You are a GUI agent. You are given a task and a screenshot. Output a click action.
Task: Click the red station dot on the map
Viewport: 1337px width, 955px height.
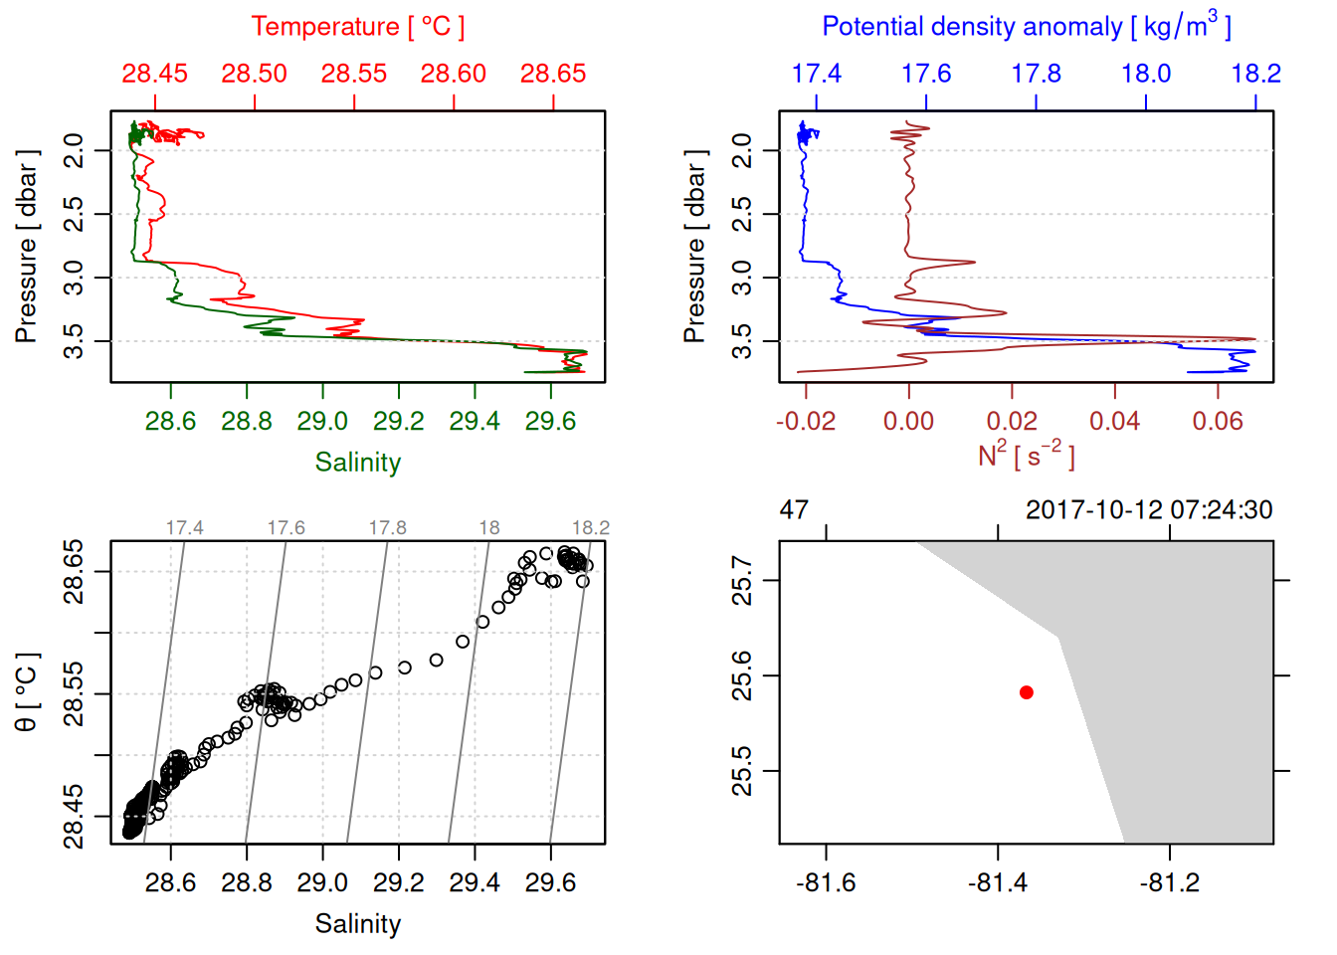[x=1026, y=692]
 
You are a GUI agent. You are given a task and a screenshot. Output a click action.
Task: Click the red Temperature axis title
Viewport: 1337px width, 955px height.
[x=357, y=27]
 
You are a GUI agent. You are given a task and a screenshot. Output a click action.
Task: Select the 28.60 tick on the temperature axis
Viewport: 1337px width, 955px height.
[x=454, y=74]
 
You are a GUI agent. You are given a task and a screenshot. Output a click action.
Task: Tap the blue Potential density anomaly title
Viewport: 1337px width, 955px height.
[x=1026, y=27]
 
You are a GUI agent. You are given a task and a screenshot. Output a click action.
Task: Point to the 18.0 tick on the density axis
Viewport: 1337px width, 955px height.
[x=1146, y=74]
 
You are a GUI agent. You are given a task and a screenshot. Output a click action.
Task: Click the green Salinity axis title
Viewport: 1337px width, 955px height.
[x=357, y=463]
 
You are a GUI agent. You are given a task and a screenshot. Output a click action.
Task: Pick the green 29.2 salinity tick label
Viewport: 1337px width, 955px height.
[x=398, y=422]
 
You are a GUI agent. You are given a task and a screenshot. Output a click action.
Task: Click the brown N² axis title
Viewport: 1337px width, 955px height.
[x=1026, y=456]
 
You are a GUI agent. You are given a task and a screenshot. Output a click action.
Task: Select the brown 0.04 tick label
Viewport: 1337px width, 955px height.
[x=1114, y=422]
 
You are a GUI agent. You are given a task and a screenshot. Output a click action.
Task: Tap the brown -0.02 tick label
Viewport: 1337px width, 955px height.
[x=805, y=422]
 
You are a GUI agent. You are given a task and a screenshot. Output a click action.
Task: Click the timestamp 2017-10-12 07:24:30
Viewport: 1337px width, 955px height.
[x=1149, y=510]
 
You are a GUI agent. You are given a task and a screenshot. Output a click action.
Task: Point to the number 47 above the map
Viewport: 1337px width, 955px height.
[x=794, y=510]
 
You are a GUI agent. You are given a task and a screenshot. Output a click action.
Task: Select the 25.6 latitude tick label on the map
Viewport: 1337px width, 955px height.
[x=742, y=676]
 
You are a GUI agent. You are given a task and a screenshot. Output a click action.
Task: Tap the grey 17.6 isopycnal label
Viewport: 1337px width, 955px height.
[x=286, y=528]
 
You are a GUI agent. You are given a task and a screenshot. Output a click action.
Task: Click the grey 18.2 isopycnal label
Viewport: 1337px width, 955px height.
[x=590, y=528]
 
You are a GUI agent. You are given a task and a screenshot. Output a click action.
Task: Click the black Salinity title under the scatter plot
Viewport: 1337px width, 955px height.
[x=357, y=924]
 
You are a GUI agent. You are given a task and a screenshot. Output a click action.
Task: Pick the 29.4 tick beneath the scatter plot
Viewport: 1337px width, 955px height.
[x=475, y=883]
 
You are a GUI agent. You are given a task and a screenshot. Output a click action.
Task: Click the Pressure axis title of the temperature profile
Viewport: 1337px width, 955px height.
[x=27, y=247]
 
